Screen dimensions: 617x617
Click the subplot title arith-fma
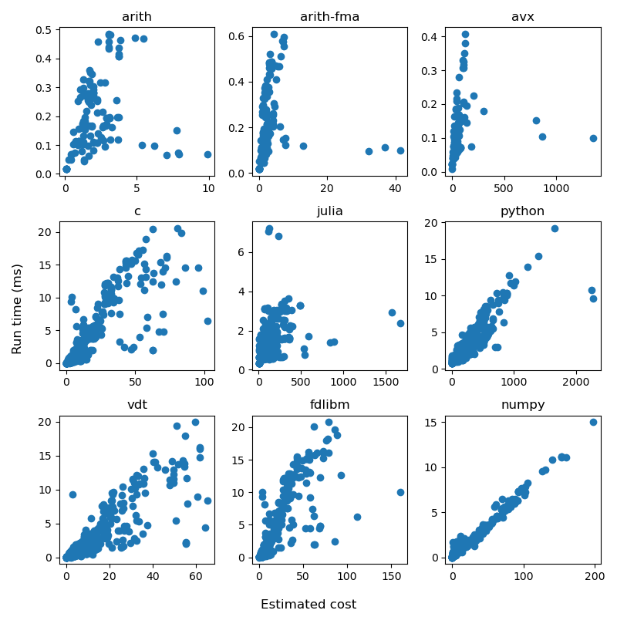329,17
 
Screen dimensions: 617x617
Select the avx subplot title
523,17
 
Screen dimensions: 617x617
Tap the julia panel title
329,211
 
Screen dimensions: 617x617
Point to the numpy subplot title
523,405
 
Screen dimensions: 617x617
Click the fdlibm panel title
329,405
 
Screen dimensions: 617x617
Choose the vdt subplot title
137,405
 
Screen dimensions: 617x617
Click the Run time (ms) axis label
17,308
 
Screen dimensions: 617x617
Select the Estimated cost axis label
308,605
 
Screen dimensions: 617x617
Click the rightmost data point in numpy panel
593,422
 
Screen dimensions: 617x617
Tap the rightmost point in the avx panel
593,138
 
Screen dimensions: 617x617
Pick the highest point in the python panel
555,228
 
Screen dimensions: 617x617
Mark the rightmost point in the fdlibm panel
400,492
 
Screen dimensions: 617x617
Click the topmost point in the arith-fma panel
274,34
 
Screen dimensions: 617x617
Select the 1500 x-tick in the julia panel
385,382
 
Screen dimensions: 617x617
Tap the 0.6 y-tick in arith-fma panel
239,36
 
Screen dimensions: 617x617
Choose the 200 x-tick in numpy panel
595,575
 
